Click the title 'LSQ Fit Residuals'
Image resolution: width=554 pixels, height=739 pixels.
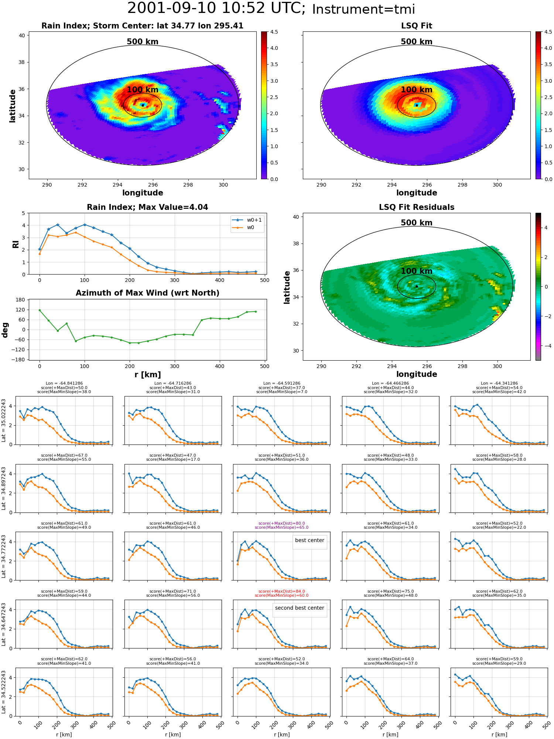click(x=417, y=207)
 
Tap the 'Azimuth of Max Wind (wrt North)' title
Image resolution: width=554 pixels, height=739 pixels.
click(x=147, y=293)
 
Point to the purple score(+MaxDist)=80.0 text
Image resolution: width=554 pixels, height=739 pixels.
click(x=282, y=523)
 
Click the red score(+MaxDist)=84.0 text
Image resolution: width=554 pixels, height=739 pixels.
click(x=282, y=591)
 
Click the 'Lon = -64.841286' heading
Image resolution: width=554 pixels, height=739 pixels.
click(x=64, y=383)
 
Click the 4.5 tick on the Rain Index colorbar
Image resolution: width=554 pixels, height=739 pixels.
click(x=274, y=32)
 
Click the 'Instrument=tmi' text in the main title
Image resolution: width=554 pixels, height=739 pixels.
click(x=363, y=9)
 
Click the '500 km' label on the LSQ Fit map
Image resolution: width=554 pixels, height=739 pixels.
click(x=417, y=42)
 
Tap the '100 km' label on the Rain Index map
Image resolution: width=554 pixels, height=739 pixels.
click(x=143, y=90)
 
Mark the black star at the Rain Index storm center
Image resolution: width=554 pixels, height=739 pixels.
click(x=143, y=105)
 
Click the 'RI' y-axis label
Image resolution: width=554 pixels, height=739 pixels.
click(x=16, y=244)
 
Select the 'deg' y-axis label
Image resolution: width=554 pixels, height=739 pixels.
click(x=5, y=330)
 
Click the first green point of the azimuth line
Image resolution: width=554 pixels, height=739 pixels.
click(x=40, y=310)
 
